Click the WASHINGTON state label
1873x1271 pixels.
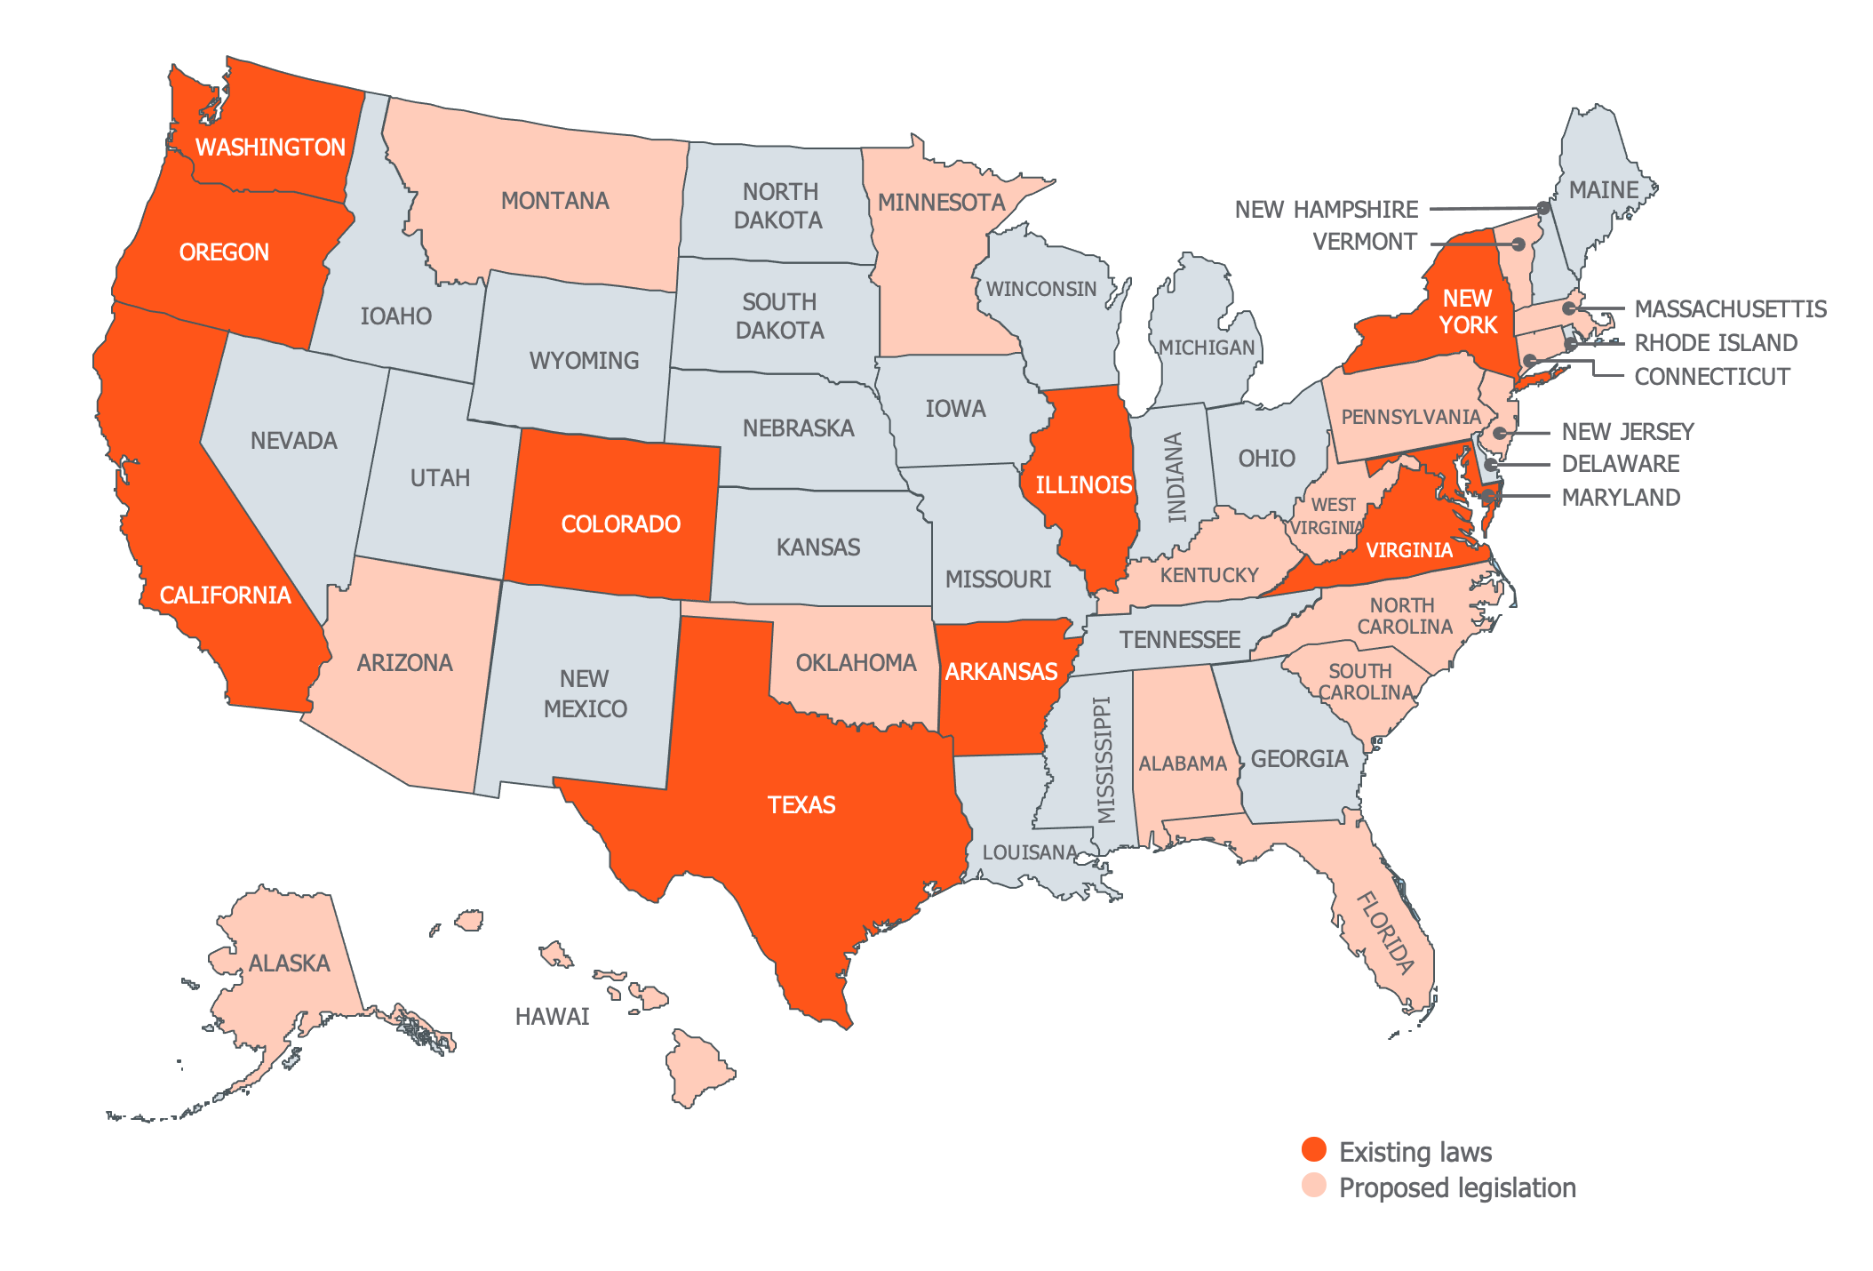(x=270, y=148)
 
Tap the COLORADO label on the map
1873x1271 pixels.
(x=620, y=524)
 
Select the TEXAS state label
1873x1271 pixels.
(x=801, y=805)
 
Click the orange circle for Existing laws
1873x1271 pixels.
(x=1313, y=1149)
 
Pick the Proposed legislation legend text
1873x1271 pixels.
(x=1457, y=1188)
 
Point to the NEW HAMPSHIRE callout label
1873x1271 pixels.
(x=1326, y=210)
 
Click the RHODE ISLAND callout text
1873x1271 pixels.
(x=1715, y=343)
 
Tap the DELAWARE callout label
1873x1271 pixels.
(x=1620, y=464)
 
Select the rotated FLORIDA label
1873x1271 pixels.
(x=1384, y=932)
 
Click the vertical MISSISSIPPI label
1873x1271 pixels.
(x=1104, y=760)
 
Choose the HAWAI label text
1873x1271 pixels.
(x=552, y=1017)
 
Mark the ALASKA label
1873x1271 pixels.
(x=289, y=963)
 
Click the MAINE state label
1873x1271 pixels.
(x=1603, y=190)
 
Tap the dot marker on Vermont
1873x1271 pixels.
(x=1518, y=244)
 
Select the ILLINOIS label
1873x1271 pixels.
(x=1083, y=485)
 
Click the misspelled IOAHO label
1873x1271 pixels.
(x=395, y=316)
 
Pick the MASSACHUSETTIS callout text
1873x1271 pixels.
(x=1730, y=309)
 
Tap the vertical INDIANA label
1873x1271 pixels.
(x=1176, y=477)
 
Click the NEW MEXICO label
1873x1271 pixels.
(x=585, y=694)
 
